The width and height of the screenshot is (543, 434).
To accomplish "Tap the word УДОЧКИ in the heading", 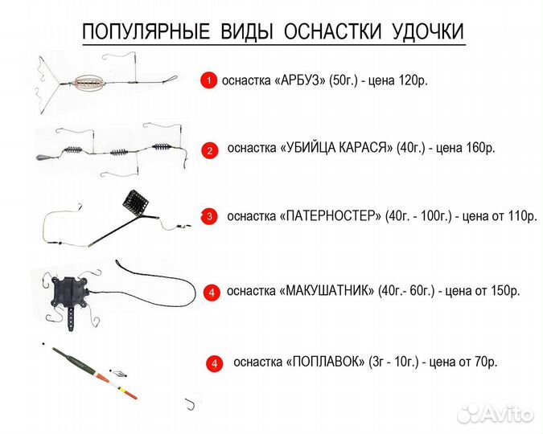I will pyautogui.click(x=427, y=32).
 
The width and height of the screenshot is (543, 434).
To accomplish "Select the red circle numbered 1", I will pyautogui.click(x=208, y=80).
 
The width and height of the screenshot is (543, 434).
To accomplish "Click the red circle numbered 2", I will pyautogui.click(x=208, y=149).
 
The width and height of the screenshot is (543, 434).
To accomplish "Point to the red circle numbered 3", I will pyautogui.click(x=209, y=216).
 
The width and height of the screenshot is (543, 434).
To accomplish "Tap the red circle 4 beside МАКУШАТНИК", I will pyautogui.click(x=211, y=293).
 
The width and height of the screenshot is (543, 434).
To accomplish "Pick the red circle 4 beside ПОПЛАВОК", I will pyautogui.click(x=214, y=363).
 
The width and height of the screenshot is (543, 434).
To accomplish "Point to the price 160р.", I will pyautogui.click(x=478, y=148).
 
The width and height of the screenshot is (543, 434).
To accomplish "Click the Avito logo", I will pyautogui.click(x=495, y=412).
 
